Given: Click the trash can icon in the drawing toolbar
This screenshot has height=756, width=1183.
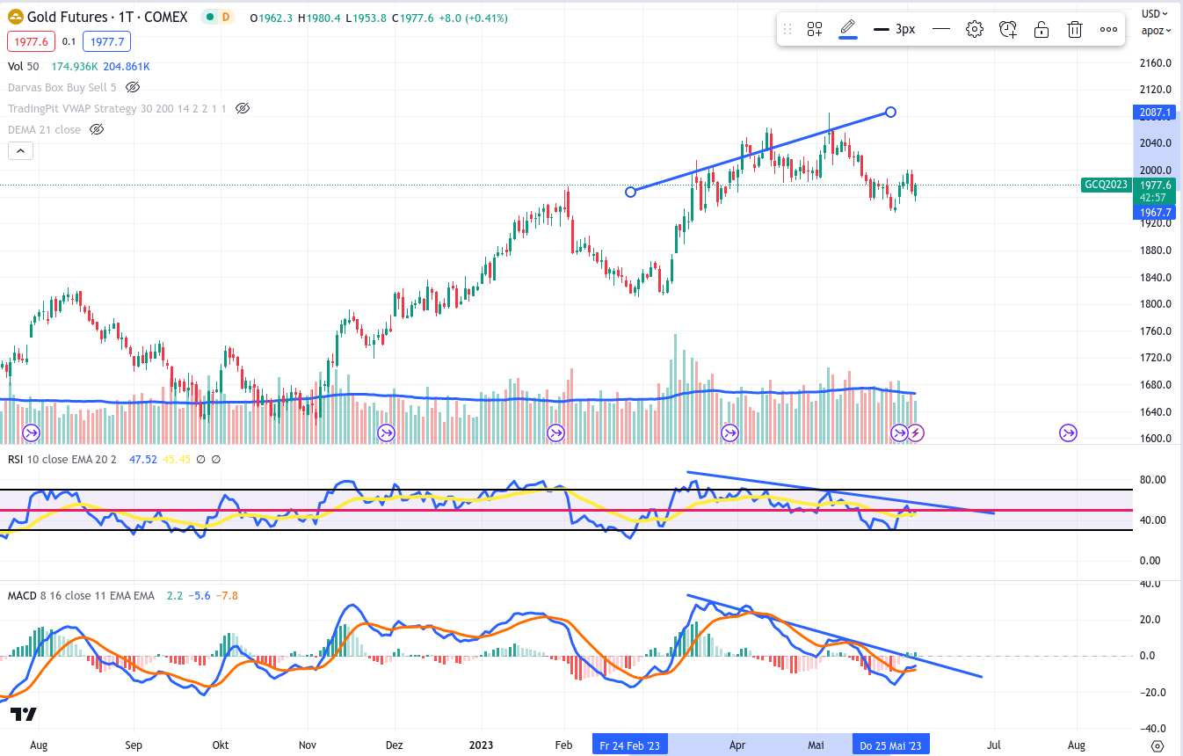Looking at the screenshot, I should click(1074, 29).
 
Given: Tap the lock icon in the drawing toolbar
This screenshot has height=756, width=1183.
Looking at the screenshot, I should click(1041, 29).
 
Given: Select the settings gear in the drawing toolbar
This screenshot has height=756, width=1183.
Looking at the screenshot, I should click(974, 29).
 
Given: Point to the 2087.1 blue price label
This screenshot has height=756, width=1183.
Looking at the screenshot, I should click(1153, 113).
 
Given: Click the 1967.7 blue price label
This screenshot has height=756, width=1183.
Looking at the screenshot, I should click(1153, 212).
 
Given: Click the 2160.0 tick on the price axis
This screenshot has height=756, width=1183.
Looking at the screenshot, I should click(1155, 63).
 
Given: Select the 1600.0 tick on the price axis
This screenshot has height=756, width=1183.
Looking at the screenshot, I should click(1155, 440).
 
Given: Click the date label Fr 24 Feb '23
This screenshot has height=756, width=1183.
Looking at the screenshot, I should click(630, 745).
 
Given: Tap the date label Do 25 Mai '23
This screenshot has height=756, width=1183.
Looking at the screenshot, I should click(890, 745).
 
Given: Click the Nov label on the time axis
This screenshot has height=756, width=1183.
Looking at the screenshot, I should click(308, 745).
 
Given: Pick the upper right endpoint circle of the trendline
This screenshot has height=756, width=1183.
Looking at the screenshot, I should click(890, 112).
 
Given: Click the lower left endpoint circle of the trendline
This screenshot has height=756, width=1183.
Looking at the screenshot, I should click(630, 192).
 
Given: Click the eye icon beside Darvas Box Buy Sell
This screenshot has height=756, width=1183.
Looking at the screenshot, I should click(133, 87).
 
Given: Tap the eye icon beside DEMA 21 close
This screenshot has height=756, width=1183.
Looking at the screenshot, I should click(97, 129).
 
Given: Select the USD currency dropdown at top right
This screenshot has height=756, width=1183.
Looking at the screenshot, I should click(1154, 13).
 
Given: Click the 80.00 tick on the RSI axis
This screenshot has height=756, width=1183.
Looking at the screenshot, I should click(1151, 480).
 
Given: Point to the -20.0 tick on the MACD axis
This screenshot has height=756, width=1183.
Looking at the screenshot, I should click(1152, 693).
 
